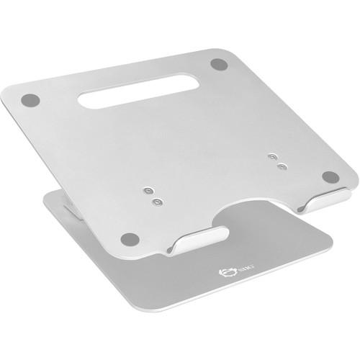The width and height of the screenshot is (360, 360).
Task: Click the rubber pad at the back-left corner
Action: point(29,100)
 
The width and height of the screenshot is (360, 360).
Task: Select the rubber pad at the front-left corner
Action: point(129,238)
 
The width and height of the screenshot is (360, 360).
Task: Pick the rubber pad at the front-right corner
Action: point(330,177)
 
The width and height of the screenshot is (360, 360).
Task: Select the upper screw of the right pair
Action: point(272,156)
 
